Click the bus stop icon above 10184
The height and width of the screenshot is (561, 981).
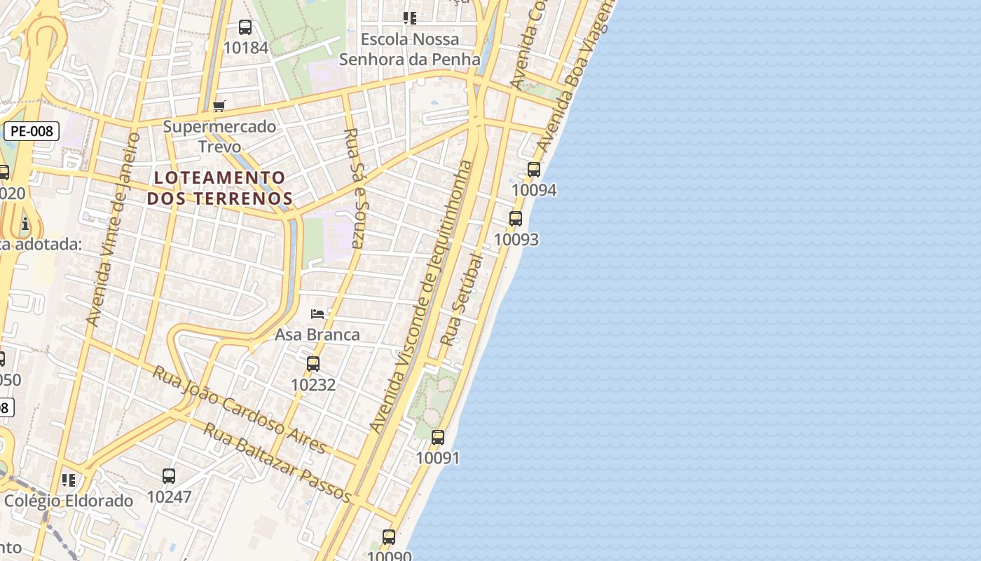click(x=245, y=27)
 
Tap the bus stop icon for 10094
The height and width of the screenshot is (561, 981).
click(x=534, y=170)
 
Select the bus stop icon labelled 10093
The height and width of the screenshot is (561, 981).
click(x=516, y=219)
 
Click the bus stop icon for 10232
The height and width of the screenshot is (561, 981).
click(x=313, y=364)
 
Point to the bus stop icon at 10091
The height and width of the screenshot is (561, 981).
click(x=438, y=438)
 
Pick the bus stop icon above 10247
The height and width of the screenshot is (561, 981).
click(x=169, y=476)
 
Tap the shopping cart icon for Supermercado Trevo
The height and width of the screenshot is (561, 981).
click(x=219, y=107)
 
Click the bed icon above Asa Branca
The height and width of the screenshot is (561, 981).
click(x=317, y=314)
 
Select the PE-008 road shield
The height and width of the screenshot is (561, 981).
click(x=32, y=131)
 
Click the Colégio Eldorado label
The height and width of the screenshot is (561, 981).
click(x=69, y=501)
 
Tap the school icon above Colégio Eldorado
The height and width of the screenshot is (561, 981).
click(x=69, y=480)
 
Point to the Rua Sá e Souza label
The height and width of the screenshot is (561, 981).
click(x=355, y=188)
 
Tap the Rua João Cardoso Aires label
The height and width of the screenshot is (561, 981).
click(x=240, y=408)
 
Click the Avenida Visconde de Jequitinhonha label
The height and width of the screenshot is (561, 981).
click(x=421, y=298)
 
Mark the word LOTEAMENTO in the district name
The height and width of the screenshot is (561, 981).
click(x=220, y=177)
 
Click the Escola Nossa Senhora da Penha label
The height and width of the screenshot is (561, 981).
click(x=410, y=49)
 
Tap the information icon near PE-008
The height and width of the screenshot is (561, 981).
click(x=25, y=224)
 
